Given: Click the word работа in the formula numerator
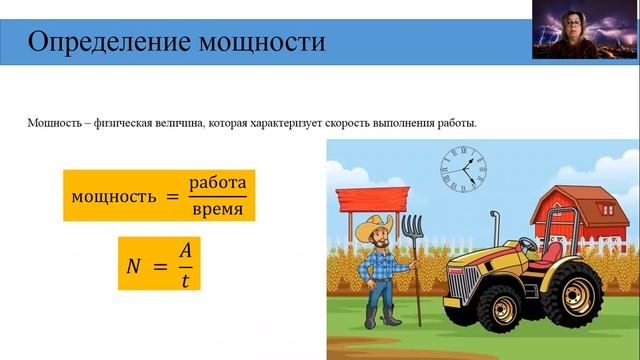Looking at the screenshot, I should (217, 184).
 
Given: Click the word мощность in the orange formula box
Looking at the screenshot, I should (112, 196).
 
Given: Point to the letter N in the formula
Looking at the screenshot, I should (133, 265).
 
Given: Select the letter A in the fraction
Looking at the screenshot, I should (184, 251).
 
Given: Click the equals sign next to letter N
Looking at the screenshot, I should (158, 265).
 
